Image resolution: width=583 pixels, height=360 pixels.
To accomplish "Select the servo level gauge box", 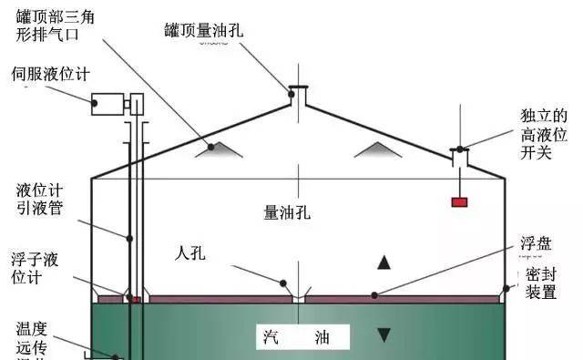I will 108,102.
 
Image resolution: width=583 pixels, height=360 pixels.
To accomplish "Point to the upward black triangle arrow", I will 384,263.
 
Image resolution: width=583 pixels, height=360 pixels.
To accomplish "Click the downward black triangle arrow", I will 384,334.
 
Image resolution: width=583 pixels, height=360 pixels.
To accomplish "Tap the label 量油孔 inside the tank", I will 288,213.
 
